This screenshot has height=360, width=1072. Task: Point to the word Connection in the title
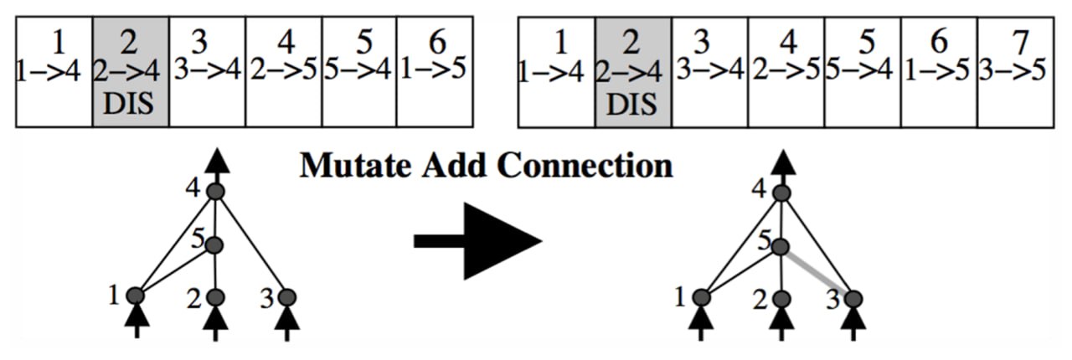point(585,165)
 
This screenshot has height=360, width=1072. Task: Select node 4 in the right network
point(781,193)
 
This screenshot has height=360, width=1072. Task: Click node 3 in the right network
point(853,297)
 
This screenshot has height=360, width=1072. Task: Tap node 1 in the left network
point(136,295)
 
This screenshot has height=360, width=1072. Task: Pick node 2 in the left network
point(215,297)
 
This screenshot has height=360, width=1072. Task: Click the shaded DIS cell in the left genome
point(131,72)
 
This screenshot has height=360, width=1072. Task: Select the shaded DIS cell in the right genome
point(633,72)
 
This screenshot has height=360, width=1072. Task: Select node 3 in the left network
point(286,297)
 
